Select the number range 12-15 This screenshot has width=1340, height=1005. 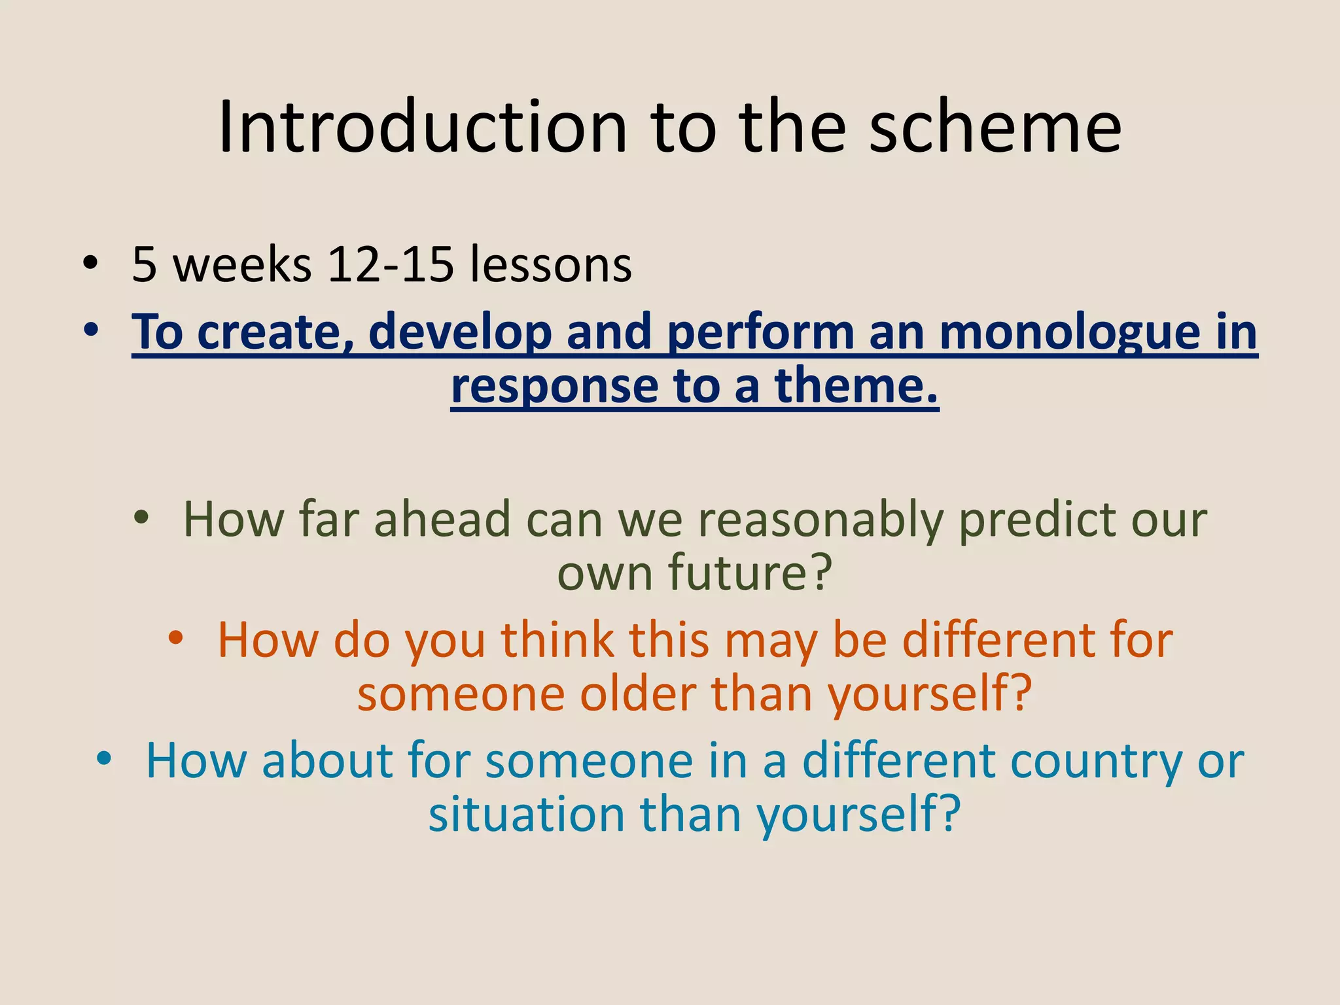pos(391,265)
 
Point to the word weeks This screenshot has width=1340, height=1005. pos(242,265)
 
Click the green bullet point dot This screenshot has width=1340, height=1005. pos(141,518)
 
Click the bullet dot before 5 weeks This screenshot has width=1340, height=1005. pos(91,264)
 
